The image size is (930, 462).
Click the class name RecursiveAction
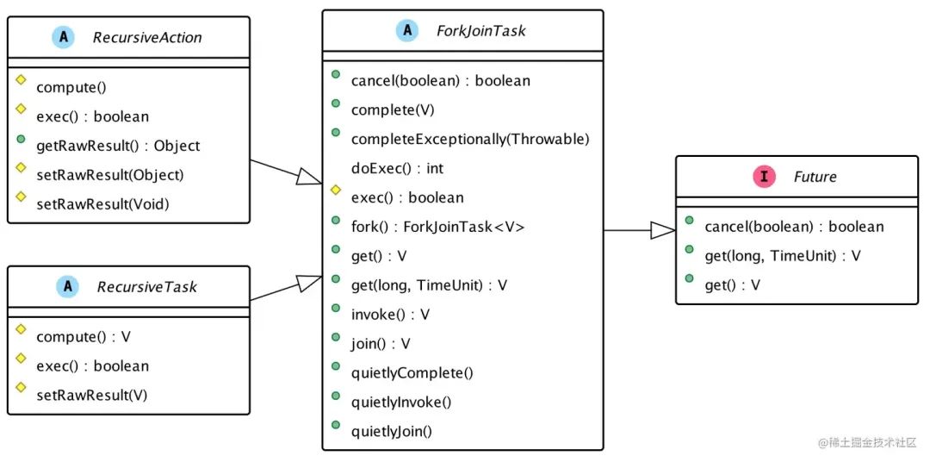click(x=148, y=37)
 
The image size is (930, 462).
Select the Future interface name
click(x=815, y=177)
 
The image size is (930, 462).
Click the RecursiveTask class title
click(x=146, y=286)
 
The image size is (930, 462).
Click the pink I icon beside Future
click(x=763, y=177)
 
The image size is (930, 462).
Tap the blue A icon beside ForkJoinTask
click(x=406, y=31)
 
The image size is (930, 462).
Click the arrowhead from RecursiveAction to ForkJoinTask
click(x=309, y=176)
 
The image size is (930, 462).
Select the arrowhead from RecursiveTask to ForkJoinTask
click(x=309, y=283)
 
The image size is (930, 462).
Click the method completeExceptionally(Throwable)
click(x=470, y=139)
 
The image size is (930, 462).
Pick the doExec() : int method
click(x=397, y=168)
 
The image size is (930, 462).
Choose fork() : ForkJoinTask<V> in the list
click(x=437, y=227)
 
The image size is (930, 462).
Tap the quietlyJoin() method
click(x=391, y=430)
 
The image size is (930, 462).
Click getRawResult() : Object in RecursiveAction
click(x=118, y=146)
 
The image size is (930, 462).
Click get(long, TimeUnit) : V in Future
click(x=783, y=256)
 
